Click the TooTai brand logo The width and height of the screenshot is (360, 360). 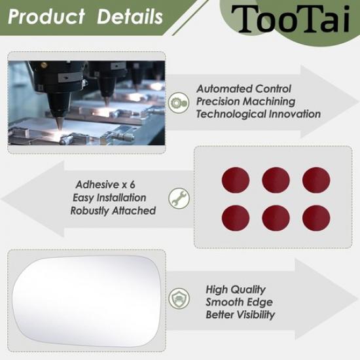point(295,19)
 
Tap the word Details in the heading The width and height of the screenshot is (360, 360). point(130,17)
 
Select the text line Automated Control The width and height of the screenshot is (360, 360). point(244,88)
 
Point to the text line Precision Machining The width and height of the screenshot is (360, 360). point(245,101)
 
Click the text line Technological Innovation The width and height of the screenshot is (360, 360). point(259,114)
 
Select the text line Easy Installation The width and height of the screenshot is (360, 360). point(109,197)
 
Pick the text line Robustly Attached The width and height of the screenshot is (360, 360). point(113,210)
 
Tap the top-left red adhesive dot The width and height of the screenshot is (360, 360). point(236,180)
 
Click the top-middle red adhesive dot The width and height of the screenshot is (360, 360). point(276,180)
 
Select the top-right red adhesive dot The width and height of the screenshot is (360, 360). point(316,180)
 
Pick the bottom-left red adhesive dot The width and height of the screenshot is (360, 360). point(236,217)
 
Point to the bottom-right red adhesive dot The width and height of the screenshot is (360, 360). point(316,217)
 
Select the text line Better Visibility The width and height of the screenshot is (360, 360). point(240,315)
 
